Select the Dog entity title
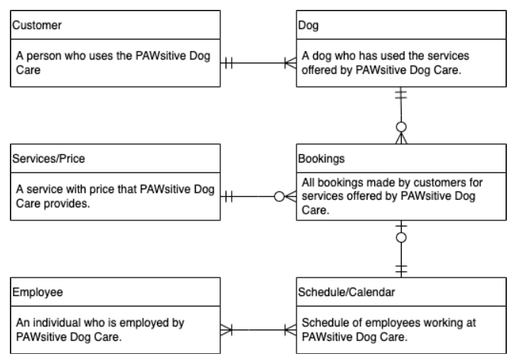point(308,24)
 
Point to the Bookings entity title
point(323,159)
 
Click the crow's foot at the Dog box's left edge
point(290,63)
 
